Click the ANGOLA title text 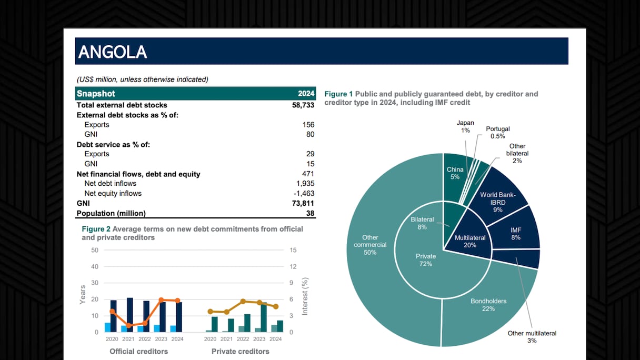click(113, 52)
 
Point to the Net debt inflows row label click(110, 184)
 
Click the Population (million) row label click(111, 213)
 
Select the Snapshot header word click(96, 94)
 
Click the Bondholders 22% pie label click(488, 305)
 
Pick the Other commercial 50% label click(370, 245)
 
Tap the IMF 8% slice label click(516, 234)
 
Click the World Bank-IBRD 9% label click(498, 202)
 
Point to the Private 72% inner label click(426, 260)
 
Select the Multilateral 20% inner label click(470, 241)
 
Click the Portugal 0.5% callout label click(497, 132)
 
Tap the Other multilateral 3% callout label click(532, 337)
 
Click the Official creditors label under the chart click(138, 351)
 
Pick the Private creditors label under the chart click(240, 351)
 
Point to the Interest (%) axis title click(305, 296)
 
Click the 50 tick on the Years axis click(95, 250)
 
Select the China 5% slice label click(455, 173)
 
